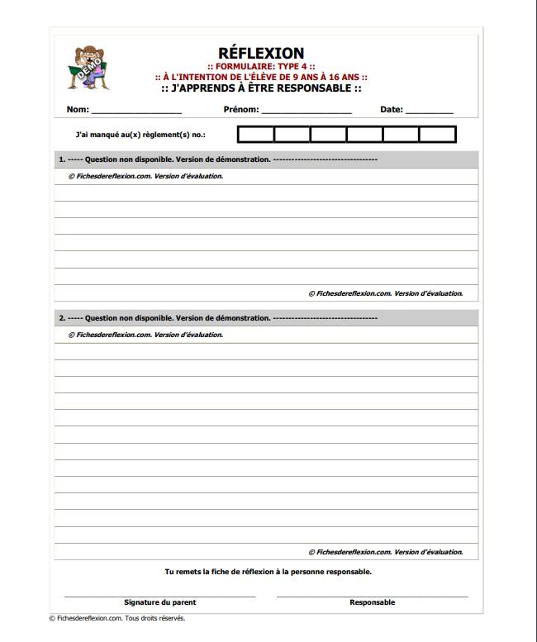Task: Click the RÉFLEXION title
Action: [x=261, y=55]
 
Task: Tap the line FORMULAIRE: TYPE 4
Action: [x=261, y=68]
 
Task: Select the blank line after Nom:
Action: [x=136, y=110]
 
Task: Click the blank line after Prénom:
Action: [x=307, y=110]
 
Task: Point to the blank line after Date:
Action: [x=430, y=110]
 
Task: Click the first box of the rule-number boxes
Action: [x=256, y=135]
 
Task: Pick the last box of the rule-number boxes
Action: [x=437, y=135]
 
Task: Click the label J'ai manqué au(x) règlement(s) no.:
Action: [x=140, y=135]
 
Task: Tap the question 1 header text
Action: [x=217, y=159]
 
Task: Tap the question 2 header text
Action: [x=217, y=317]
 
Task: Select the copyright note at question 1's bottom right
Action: [x=385, y=292]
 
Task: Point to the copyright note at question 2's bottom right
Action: [x=385, y=552]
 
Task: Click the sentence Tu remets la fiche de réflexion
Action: [x=268, y=571]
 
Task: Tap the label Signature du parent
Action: [x=159, y=602]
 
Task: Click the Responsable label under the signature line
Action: [x=372, y=602]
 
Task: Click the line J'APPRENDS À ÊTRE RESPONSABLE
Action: [x=261, y=88]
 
